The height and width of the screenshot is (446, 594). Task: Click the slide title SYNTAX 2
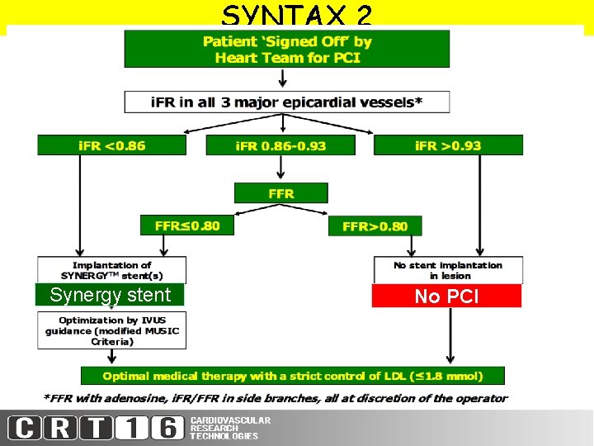pos(297,15)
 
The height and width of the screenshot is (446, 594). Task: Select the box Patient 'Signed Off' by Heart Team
pos(287,49)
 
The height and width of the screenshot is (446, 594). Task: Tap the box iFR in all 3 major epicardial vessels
pos(287,102)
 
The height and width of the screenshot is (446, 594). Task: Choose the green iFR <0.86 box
pos(111,145)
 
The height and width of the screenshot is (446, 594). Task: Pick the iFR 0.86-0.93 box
pos(280,145)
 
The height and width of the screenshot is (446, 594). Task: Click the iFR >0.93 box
pos(448,145)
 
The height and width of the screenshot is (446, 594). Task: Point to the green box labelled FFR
pos(280,193)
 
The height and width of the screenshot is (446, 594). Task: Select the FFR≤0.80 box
pos(187,225)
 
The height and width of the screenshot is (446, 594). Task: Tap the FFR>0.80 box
pos(375,225)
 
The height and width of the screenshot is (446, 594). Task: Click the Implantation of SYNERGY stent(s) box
pos(111,270)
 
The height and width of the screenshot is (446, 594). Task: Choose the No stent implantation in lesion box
pos(448,270)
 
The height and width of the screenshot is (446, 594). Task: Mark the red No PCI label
pos(446,296)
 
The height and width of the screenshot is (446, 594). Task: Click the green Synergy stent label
pos(110,295)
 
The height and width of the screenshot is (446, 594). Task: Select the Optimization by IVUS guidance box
pos(111,330)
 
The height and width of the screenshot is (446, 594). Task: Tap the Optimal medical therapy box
pos(292,376)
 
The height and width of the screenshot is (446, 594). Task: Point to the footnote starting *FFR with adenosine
pos(274,398)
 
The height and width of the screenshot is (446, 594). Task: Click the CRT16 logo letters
pos(96,429)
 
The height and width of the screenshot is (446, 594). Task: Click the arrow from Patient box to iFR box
pos(284,78)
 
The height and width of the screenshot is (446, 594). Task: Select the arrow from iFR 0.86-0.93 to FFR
pos(281,169)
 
